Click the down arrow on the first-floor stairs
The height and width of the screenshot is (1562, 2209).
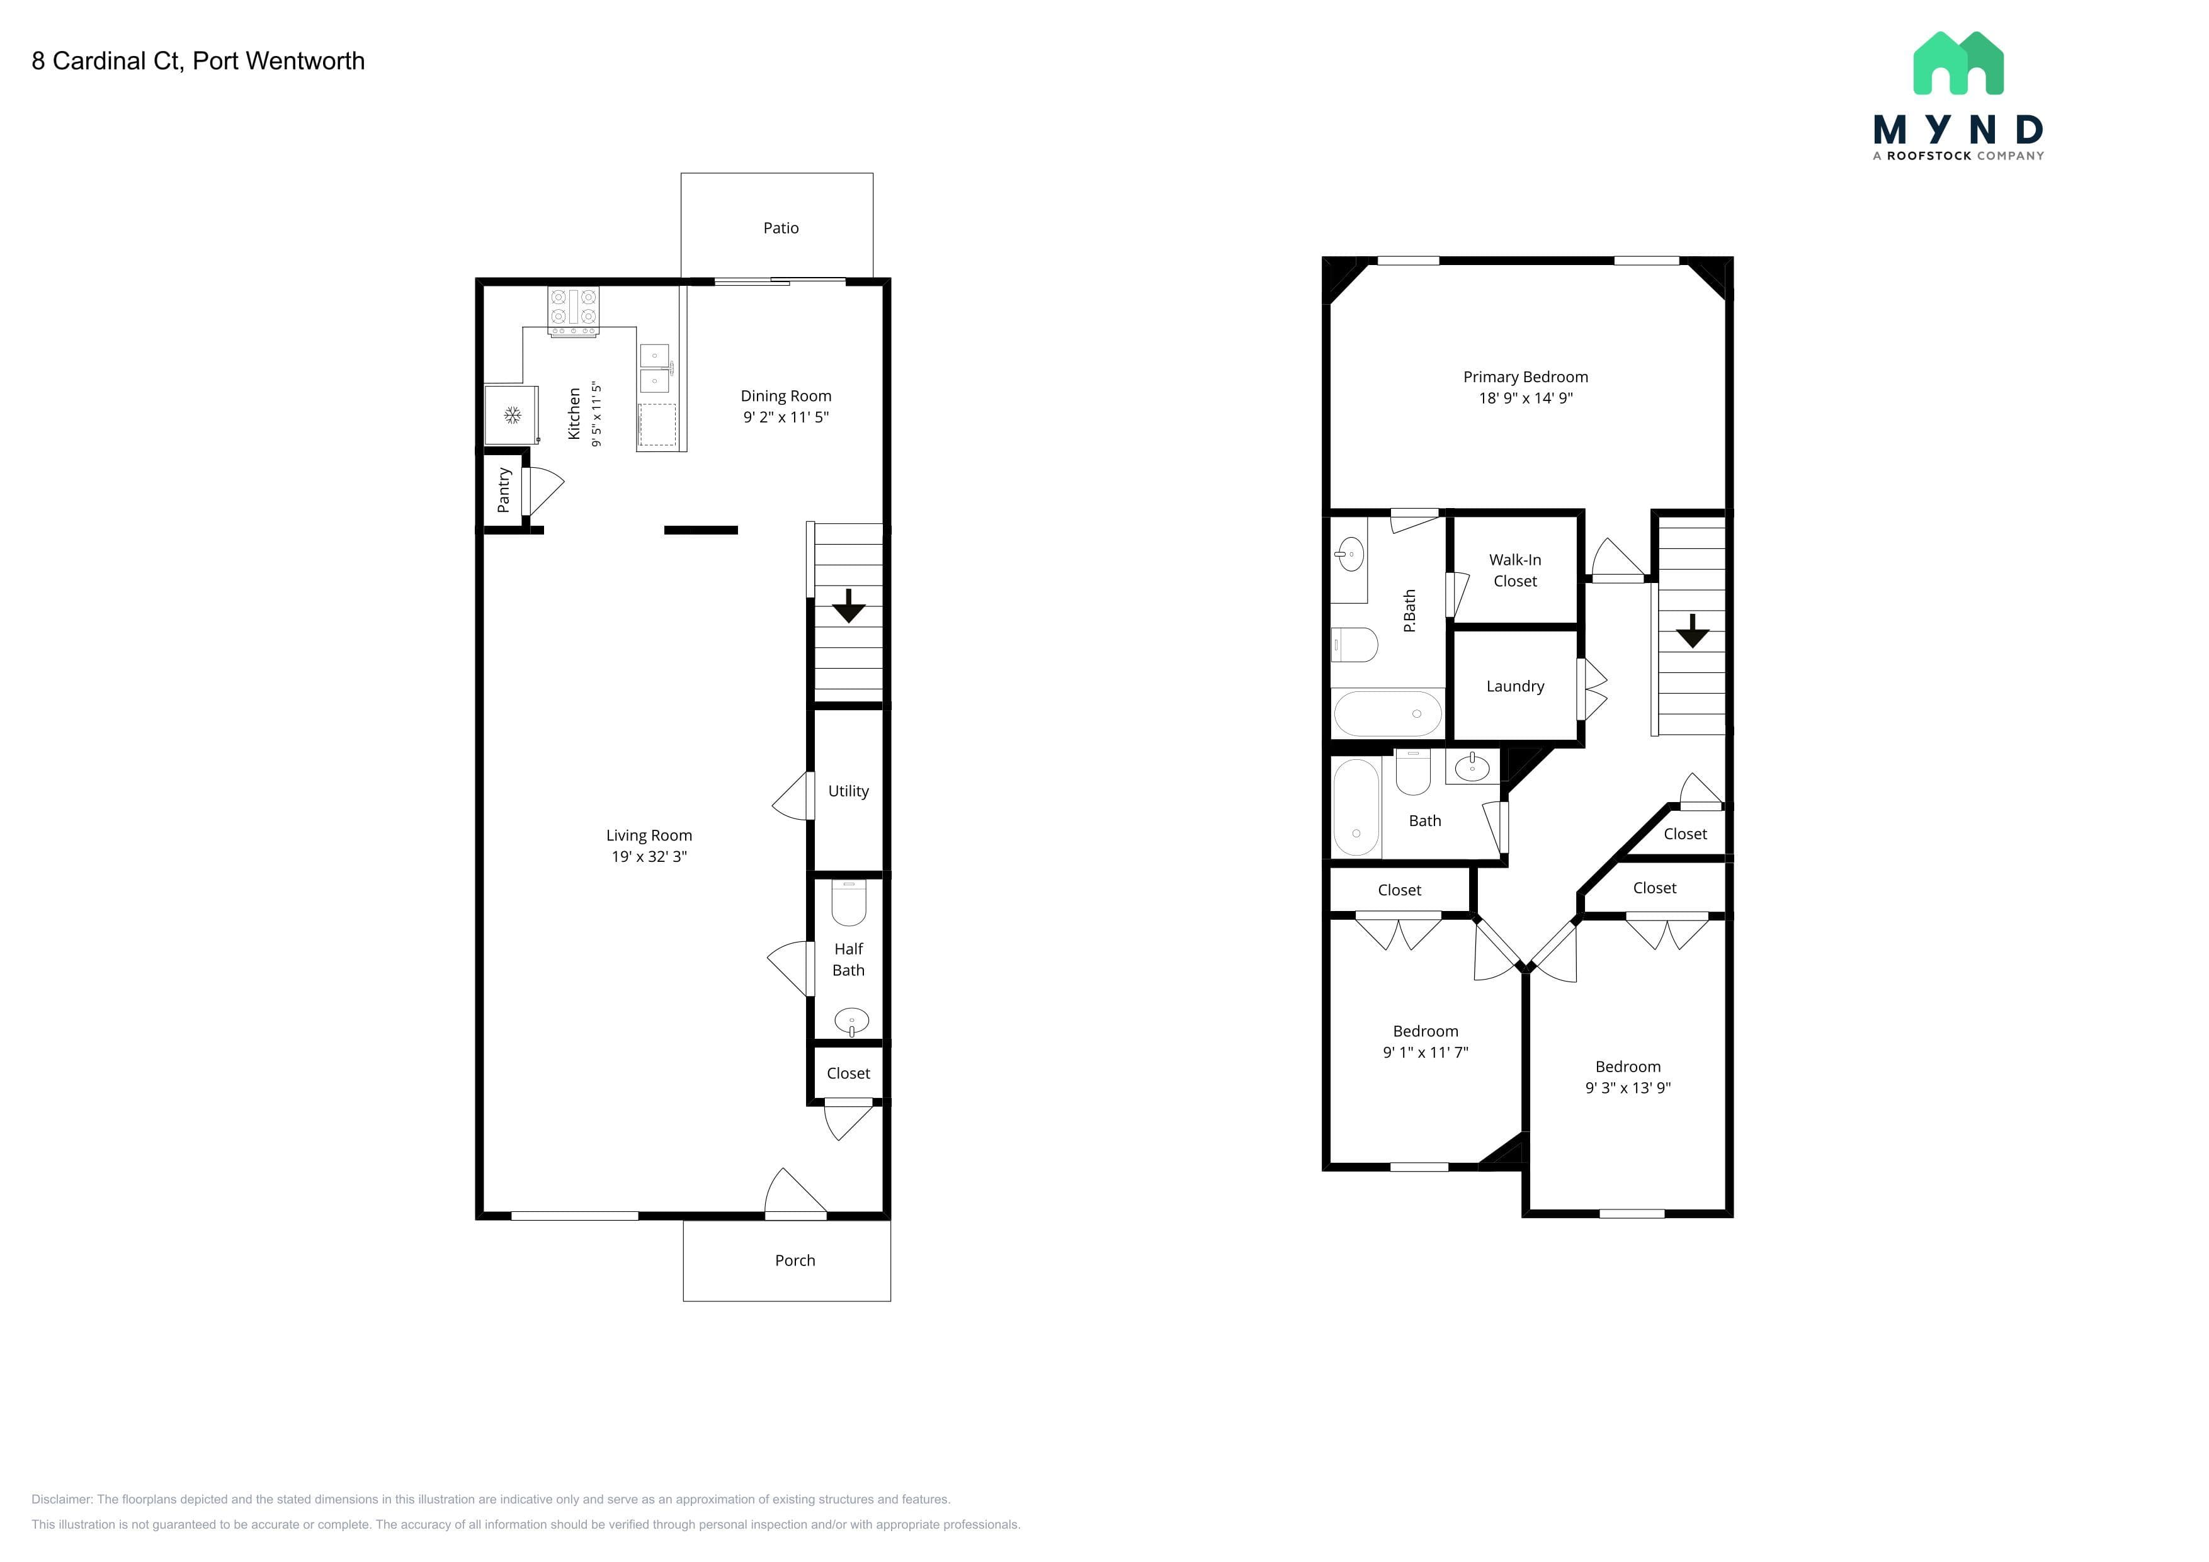(849, 606)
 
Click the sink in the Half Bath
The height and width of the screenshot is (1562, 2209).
(851, 1021)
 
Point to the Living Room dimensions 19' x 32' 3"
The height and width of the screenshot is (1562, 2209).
(649, 857)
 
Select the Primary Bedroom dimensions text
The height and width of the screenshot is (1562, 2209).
(1525, 398)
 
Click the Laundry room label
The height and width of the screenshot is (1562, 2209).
(1514, 686)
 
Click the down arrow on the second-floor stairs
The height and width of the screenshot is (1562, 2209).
(1693, 631)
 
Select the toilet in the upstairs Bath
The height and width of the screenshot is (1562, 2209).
(1413, 773)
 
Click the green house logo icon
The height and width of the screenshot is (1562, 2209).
(1958, 64)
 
